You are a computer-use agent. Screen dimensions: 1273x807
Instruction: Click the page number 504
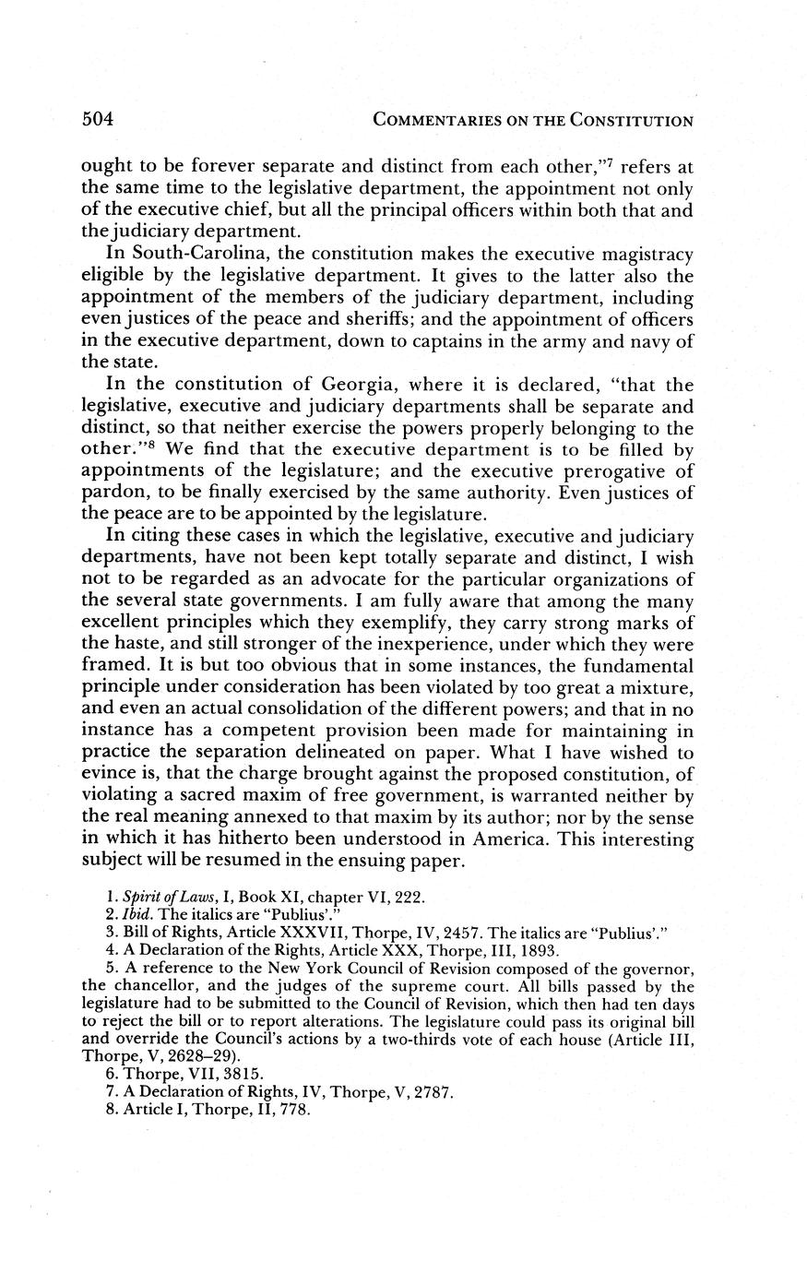coord(98,119)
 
